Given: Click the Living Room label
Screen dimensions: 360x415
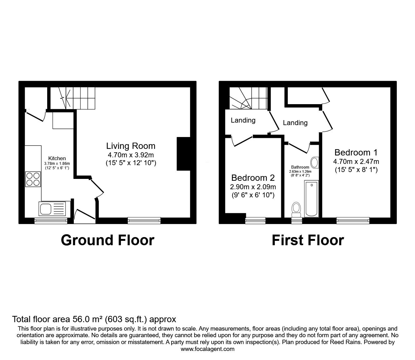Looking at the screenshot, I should click(131, 146).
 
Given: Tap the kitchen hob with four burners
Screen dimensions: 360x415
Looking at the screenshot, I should click(33, 179).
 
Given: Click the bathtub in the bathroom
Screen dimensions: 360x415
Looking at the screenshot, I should click(311, 199).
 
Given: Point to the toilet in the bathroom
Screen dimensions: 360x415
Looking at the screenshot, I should click(296, 209).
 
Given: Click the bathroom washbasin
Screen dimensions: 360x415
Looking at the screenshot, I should click(314, 162).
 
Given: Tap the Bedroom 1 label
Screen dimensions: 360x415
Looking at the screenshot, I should click(356, 153).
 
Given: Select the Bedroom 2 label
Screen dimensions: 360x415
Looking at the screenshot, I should click(253, 178).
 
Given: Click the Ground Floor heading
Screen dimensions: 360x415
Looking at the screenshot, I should click(107, 240).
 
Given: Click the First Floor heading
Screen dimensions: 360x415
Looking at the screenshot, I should click(308, 240).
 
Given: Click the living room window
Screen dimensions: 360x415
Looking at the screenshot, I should click(144, 221).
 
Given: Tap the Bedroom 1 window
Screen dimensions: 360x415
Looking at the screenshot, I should click(353, 221).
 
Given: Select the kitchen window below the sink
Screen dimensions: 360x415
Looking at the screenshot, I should click(51, 221).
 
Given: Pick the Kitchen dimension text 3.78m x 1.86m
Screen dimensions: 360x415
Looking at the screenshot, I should click(57, 163).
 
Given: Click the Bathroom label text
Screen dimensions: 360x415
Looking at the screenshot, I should click(300, 167).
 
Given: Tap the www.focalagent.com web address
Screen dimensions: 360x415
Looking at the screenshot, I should click(207, 349).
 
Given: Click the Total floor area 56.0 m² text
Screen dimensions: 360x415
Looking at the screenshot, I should click(94, 319).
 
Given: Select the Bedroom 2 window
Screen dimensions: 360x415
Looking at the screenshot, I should click(255, 221).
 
